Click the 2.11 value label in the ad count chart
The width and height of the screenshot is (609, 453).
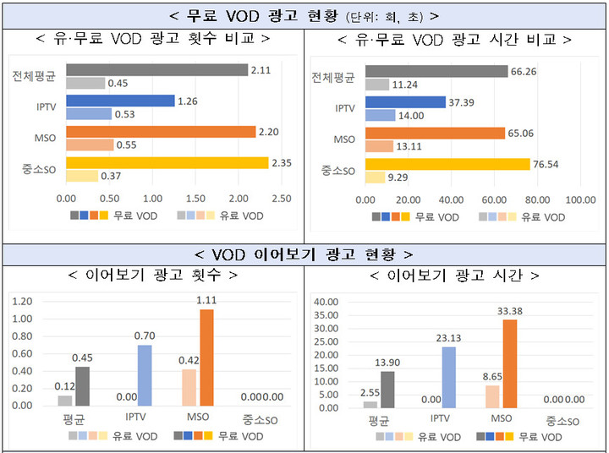click(260, 69)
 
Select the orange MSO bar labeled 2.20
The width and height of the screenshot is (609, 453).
click(160, 131)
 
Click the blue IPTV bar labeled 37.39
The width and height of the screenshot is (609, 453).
click(405, 101)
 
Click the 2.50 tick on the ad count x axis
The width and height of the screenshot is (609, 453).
click(281, 199)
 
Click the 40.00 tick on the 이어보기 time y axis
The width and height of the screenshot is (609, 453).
click(325, 302)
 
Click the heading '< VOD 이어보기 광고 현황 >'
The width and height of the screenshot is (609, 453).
click(304, 254)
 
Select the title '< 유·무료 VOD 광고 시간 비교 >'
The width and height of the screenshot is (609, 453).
click(454, 39)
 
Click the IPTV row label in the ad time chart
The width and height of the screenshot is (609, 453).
click(344, 108)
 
